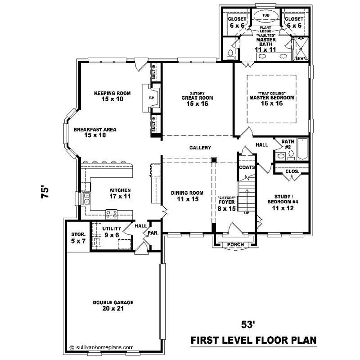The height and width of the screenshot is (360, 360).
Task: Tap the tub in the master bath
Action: (x=265, y=15)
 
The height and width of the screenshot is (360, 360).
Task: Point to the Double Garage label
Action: (x=113, y=302)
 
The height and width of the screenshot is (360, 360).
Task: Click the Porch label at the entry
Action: (x=236, y=244)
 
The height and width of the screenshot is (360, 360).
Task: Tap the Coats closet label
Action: (x=247, y=167)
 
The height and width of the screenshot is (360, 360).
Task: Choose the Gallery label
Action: (x=200, y=148)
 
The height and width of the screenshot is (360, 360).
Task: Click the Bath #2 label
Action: (x=288, y=144)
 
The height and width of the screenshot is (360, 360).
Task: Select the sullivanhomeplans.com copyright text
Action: (x=102, y=347)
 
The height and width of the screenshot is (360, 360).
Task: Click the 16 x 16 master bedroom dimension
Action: (x=271, y=103)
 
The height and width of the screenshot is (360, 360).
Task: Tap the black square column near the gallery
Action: (x=215, y=160)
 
